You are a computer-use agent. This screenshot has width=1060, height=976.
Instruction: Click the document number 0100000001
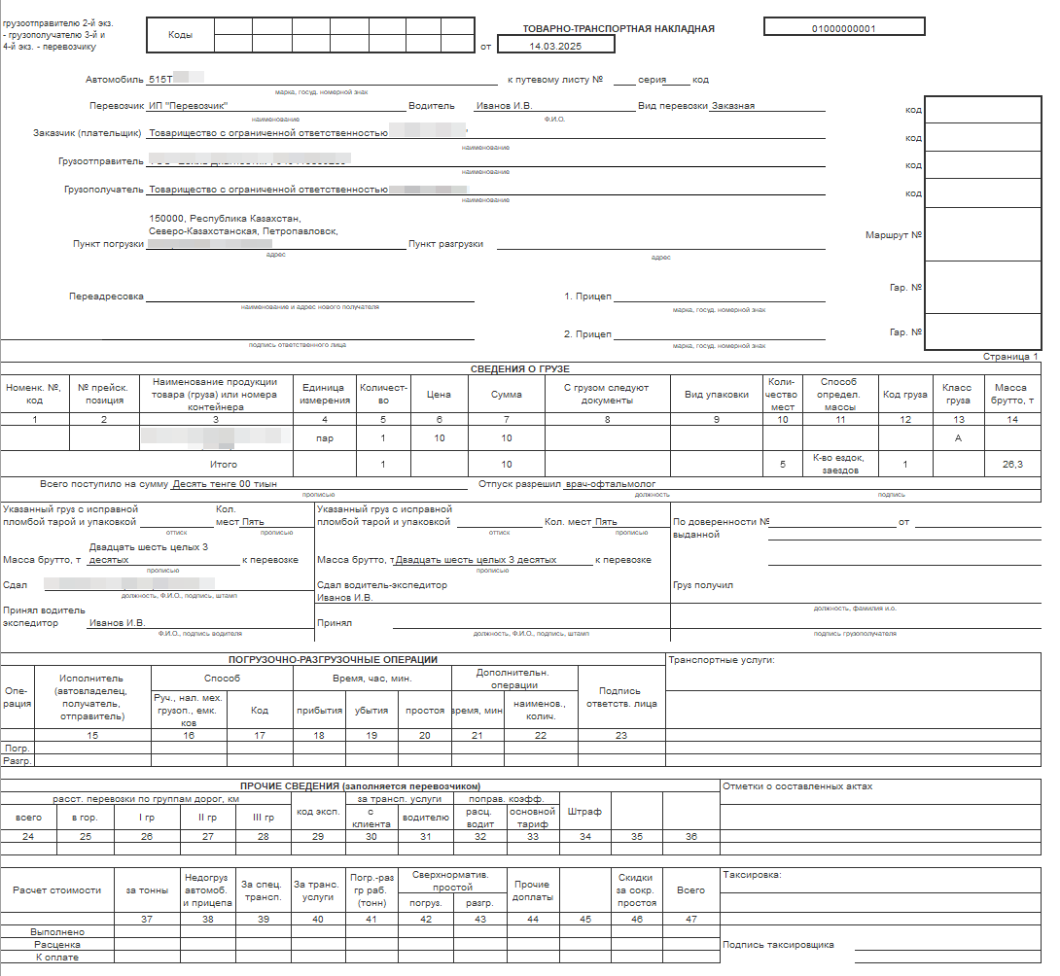click(843, 28)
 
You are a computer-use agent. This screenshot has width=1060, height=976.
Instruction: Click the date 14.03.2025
click(555, 46)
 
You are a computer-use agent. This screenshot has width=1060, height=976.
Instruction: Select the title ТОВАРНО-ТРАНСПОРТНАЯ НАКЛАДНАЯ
click(618, 28)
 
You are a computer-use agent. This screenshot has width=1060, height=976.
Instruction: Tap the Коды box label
click(181, 35)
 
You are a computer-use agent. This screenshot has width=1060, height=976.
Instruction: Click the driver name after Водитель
click(504, 106)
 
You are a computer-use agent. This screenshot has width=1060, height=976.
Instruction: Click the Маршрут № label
click(893, 234)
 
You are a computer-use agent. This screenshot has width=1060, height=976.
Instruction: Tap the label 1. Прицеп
click(587, 296)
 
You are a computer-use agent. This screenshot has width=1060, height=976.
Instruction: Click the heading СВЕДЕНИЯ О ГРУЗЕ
click(520, 368)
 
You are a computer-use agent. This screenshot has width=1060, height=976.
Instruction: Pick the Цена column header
click(439, 395)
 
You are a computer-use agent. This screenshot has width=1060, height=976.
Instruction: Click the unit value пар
click(325, 438)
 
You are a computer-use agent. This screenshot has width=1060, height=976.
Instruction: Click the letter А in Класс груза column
click(957, 438)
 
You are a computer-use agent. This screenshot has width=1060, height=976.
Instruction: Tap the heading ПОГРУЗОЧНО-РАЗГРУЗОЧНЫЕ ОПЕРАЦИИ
click(334, 659)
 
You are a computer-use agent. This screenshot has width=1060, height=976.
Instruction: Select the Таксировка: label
click(752, 874)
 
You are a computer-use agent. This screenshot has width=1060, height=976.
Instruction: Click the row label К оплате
click(56, 957)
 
